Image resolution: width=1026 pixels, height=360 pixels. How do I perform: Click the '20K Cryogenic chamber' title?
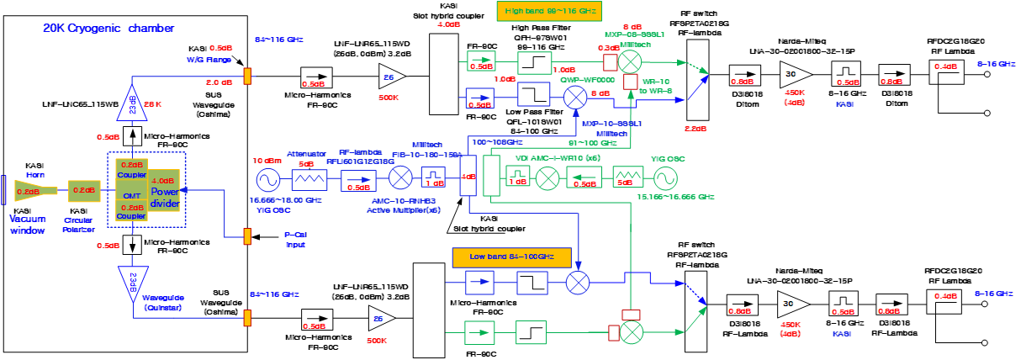tap(88, 28)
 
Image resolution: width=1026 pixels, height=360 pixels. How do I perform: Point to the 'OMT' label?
tap(131, 196)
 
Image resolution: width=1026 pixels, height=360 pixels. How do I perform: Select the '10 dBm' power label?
tap(267, 160)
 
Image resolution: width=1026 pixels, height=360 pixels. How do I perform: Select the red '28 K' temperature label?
tap(154, 103)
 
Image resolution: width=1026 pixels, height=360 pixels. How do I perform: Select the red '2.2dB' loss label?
tap(696, 129)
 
